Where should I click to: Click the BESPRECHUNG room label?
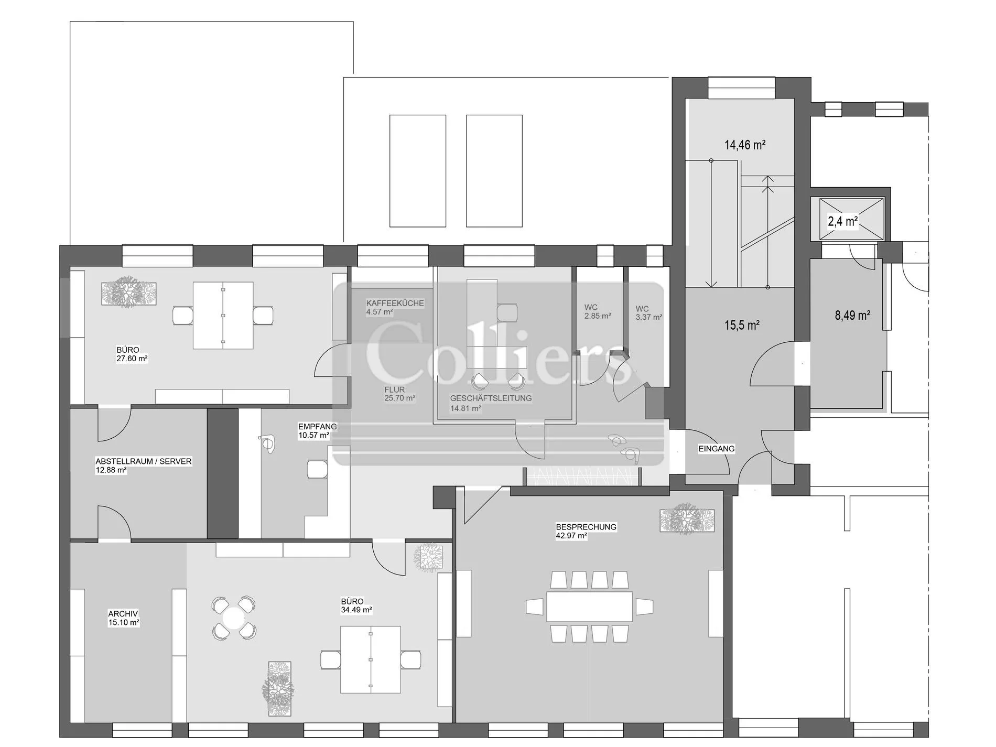[x=586, y=527]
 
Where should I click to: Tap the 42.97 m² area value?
[x=571, y=536]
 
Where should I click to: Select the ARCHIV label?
[x=123, y=614]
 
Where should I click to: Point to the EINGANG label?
[x=717, y=449]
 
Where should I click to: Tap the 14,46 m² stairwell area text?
[x=745, y=145]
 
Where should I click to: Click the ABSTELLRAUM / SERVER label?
[x=144, y=461]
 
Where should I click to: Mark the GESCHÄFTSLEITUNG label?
[x=491, y=398]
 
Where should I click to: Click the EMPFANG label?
[x=318, y=427]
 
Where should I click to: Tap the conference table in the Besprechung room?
[x=590, y=607]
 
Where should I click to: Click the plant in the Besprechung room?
[x=687, y=519]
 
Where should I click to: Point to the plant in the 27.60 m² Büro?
[x=128, y=293]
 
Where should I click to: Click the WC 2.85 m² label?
[x=597, y=312]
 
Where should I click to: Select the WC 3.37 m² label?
[x=648, y=313]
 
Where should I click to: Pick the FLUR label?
[x=394, y=390]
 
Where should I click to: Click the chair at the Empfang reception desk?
[x=318, y=469]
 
